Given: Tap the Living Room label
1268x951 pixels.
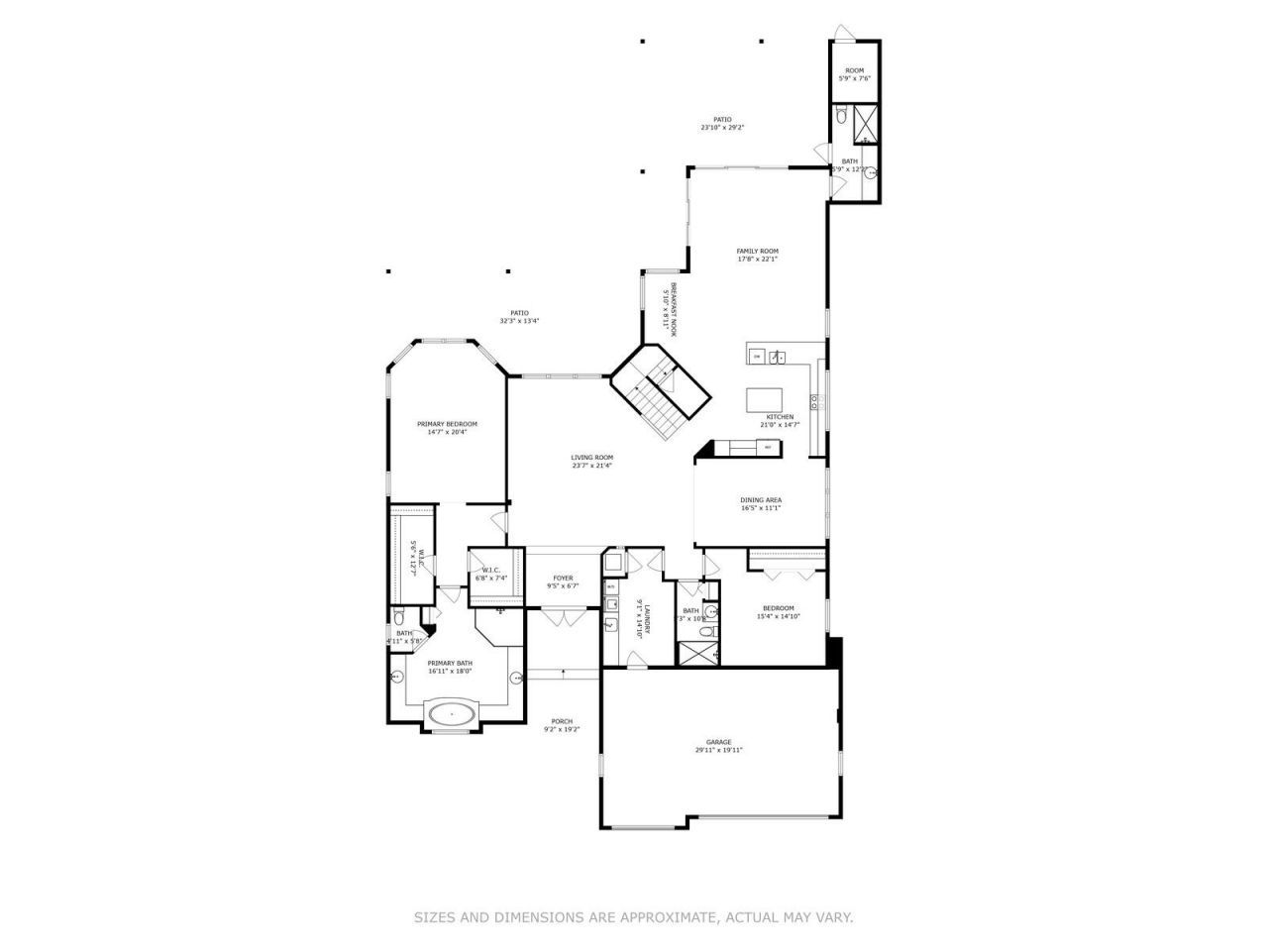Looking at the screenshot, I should [591, 458].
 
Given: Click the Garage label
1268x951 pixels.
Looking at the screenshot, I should [718, 742].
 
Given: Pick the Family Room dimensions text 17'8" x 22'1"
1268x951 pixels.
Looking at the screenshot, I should [757, 260].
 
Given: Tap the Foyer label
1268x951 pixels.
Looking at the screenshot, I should [563, 579].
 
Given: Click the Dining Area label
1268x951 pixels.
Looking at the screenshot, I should [761, 500].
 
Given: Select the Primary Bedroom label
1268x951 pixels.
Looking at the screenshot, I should [447, 424].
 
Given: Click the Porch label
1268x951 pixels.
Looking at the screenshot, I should [562, 721].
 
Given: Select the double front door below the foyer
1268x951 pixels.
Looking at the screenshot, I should [563, 618].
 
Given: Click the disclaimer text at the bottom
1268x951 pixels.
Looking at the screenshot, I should [633, 918].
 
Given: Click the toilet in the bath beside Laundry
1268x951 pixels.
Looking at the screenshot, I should [704, 631].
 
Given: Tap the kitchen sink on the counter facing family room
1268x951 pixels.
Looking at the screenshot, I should [780, 357].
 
